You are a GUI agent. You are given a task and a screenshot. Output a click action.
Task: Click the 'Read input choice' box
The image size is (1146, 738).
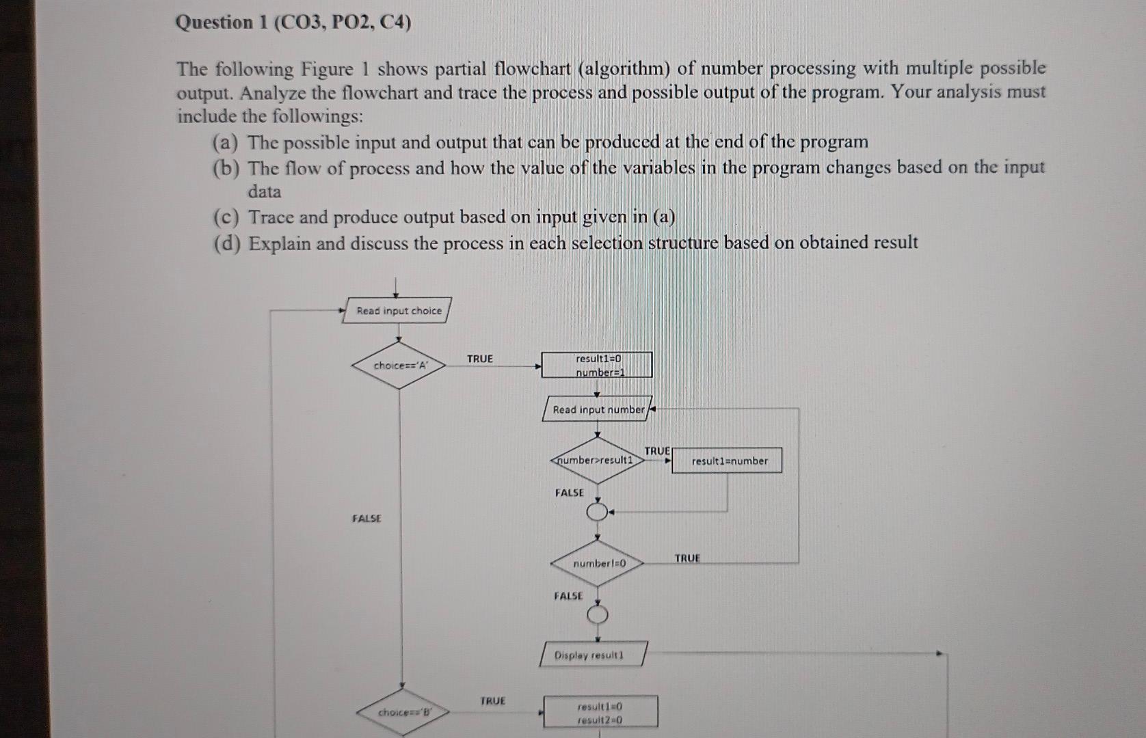[x=398, y=310]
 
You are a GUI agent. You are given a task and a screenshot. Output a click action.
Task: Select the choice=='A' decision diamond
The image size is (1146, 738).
[x=399, y=365]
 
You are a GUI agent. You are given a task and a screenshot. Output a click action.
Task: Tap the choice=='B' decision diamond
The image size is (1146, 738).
[x=403, y=712]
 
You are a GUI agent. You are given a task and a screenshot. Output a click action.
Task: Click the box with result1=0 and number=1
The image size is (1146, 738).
[x=597, y=365]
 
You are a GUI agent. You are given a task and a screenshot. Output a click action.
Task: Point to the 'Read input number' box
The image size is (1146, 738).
[x=598, y=409]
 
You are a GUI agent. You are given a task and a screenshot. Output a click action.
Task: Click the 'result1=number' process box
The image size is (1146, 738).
[x=728, y=461]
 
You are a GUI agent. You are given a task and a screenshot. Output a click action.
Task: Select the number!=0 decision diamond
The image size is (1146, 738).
[x=598, y=563]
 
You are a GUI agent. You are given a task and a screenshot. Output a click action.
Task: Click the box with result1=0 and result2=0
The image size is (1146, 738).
[x=600, y=712]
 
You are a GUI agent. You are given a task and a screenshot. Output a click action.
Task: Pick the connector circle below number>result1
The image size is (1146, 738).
[x=597, y=512]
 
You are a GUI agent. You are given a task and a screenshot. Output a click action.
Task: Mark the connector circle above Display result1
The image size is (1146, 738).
[x=598, y=615]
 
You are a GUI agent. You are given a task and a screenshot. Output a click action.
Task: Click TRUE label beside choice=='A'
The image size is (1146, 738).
[x=479, y=359]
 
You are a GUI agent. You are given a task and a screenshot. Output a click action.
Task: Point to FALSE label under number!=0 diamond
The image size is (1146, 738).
[x=568, y=596]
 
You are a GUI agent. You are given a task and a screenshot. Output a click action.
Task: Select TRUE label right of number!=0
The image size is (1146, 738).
[x=687, y=558]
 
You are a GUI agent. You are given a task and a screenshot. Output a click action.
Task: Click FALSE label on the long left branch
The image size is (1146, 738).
[x=367, y=519]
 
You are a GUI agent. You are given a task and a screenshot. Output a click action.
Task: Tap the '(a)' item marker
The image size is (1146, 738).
[x=226, y=143]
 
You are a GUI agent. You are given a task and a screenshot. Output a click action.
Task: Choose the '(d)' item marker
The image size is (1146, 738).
[x=226, y=244]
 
